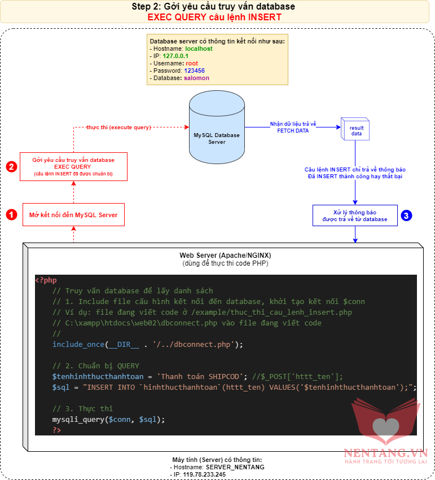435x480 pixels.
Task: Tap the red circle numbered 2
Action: point(11,166)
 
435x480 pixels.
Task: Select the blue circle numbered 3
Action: point(406,215)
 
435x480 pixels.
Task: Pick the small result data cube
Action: point(354,130)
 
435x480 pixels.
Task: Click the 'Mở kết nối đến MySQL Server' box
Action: point(73,215)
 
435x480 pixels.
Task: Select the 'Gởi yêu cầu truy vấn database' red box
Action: point(73,166)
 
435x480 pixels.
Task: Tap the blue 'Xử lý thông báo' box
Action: point(355,215)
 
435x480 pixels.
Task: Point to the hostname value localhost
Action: point(199,49)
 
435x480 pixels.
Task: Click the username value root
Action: point(192,63)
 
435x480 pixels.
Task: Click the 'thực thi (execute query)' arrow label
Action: point(118,127)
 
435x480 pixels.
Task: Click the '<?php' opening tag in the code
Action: point(46,280)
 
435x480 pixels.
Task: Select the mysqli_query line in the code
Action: point(109,419)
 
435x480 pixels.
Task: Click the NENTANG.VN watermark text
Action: point(385,452)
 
